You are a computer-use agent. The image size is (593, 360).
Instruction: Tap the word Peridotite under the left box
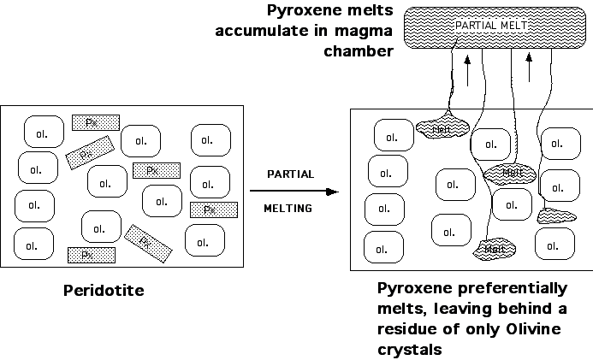click(x=104, y=290)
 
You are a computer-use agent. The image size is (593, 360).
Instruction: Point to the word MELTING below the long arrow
click(x=288, y=208)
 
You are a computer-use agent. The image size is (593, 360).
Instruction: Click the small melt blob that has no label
click(x=555, y=215)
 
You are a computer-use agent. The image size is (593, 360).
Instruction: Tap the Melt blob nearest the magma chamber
click(x=443, y=128)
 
